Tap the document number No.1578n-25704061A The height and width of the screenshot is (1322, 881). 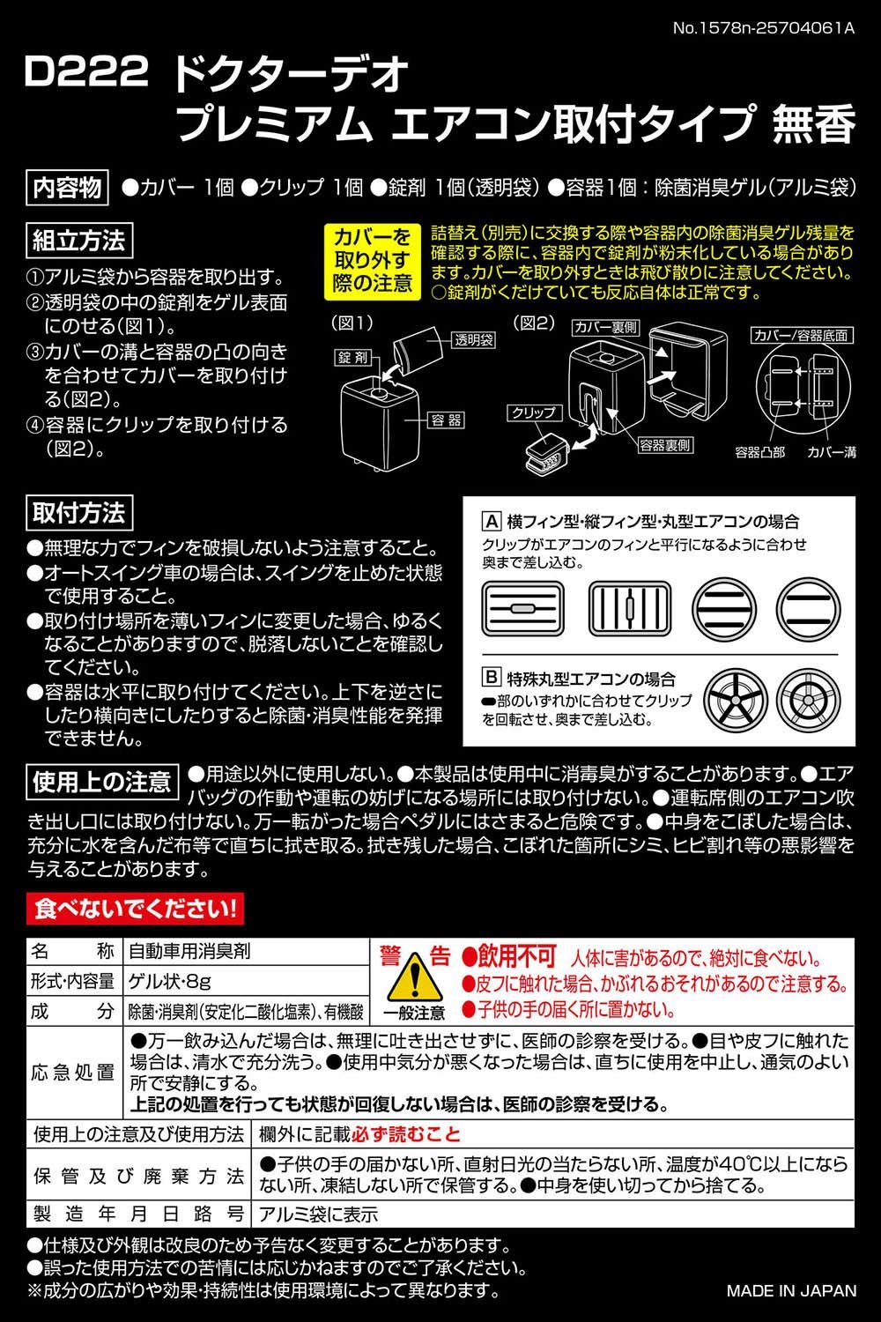tap(764, 27)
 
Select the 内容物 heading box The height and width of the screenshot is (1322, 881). tap(68, 188)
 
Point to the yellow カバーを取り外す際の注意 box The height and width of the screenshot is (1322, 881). tap(372, 261)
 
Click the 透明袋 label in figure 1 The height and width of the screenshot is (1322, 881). tap(474, 340)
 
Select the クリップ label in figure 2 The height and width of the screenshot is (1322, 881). tap(534, 412)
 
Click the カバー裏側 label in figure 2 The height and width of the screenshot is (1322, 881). tap(605, 327)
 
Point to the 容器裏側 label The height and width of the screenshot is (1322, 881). tap(665, 445)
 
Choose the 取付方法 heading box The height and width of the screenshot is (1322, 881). tap(79, 512)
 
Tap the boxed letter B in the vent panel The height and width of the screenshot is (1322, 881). tap(492, 678)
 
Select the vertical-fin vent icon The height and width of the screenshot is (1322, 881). tap(629, 607)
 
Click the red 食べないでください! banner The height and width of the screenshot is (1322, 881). tap(135, 909)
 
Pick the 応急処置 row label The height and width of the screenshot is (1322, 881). tap(74, 1073)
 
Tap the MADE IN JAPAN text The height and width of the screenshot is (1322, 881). tap(790, 1291)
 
